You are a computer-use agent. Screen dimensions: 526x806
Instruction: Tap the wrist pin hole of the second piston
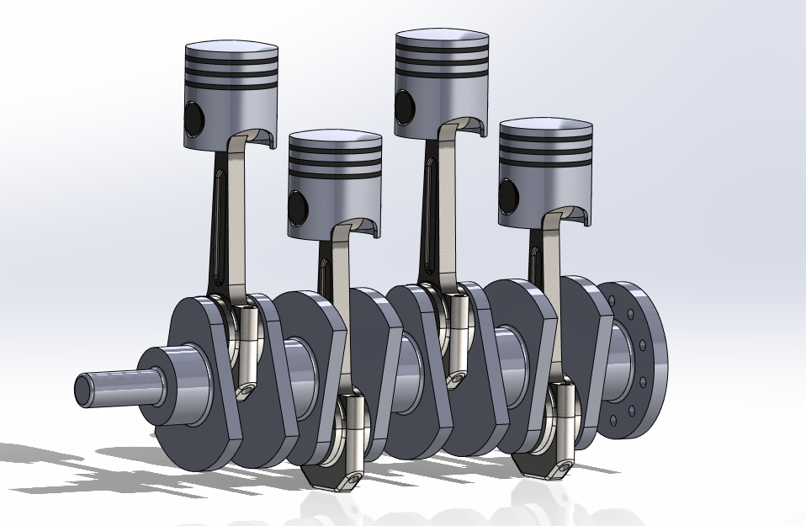click(x=298, y=205)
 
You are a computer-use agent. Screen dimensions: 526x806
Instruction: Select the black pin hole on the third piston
click(x=405, y=105)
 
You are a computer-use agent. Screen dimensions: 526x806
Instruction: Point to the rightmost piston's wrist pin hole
click(x=508, y=196)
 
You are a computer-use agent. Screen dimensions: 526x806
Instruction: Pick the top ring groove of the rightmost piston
click(x=545, y=140)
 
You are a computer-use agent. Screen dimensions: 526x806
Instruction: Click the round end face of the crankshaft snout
click(x=85, y=389)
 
